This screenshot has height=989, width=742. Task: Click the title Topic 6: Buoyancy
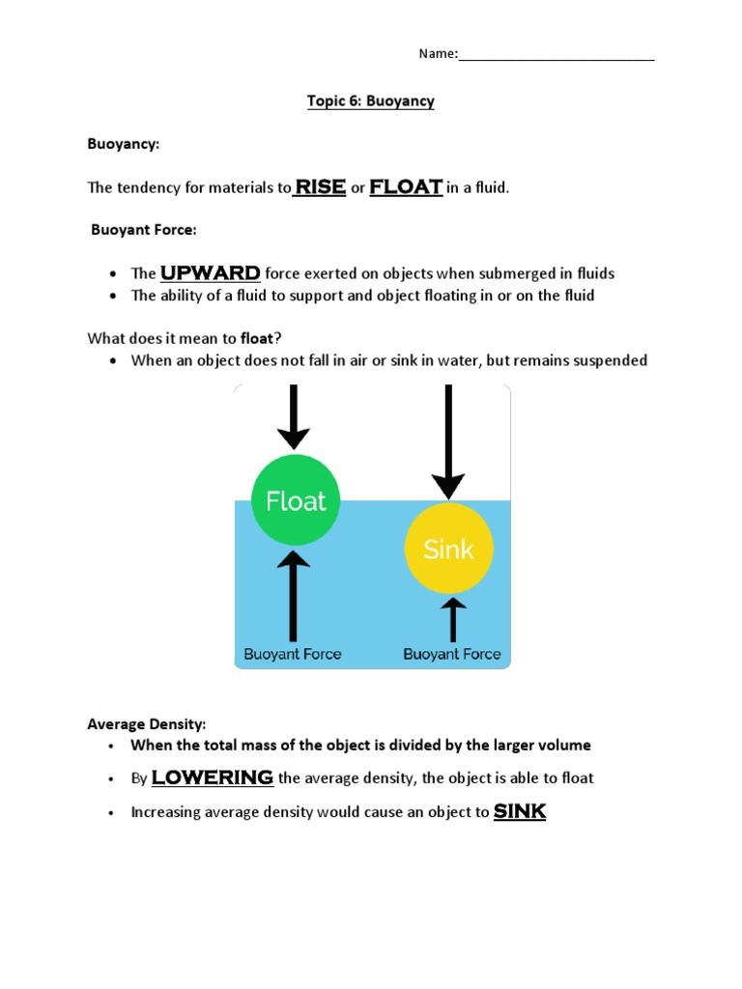[370, 101]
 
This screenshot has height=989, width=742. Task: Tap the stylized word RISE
[320, 186]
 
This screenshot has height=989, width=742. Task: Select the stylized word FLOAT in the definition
[406, 186]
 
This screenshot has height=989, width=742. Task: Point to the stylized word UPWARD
[210, 272]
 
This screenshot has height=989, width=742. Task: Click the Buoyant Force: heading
[144, 230]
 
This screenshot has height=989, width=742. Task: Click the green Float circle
[296, 500]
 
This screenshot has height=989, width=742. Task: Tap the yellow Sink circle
[448, 550]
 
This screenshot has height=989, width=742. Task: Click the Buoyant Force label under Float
[293, 654]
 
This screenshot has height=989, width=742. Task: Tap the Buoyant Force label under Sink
[452, 654]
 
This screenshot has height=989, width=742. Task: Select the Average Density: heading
[147, 723]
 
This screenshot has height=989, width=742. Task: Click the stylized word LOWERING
[213, 777]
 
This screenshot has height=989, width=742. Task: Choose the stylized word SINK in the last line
[520, 811]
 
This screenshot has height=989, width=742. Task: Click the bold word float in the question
[257, 337]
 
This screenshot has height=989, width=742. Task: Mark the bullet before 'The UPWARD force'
[114, 274]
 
